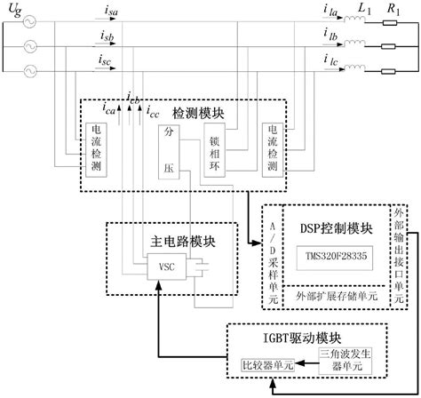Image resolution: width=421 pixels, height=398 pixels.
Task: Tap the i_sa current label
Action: (x=107, y=12)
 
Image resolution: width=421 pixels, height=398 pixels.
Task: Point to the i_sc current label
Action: (x=107, y=62)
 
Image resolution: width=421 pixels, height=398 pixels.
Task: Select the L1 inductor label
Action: (x=363, y=8)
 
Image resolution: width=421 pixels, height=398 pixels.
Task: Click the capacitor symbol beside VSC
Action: (x=205, y=265)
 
